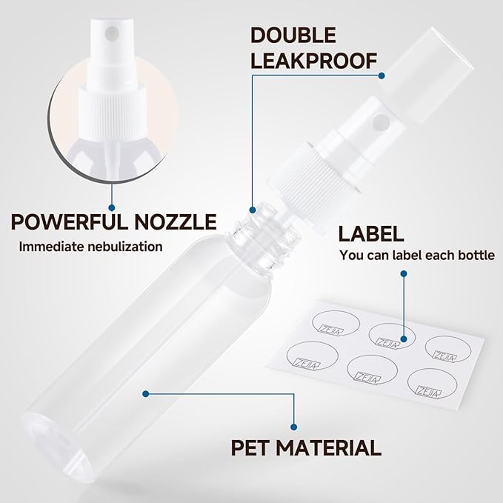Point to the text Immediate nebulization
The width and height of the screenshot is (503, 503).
click(x=90, y=246)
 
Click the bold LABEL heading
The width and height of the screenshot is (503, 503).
click(x=371, y=234)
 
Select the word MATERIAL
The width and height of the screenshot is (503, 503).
click(x=334, y=447)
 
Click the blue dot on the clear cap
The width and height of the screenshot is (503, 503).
click(x=381, y=75)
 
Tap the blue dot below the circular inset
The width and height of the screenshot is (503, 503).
click(x=112, y=207)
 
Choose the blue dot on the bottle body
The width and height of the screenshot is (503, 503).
click(x=146, y=393)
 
